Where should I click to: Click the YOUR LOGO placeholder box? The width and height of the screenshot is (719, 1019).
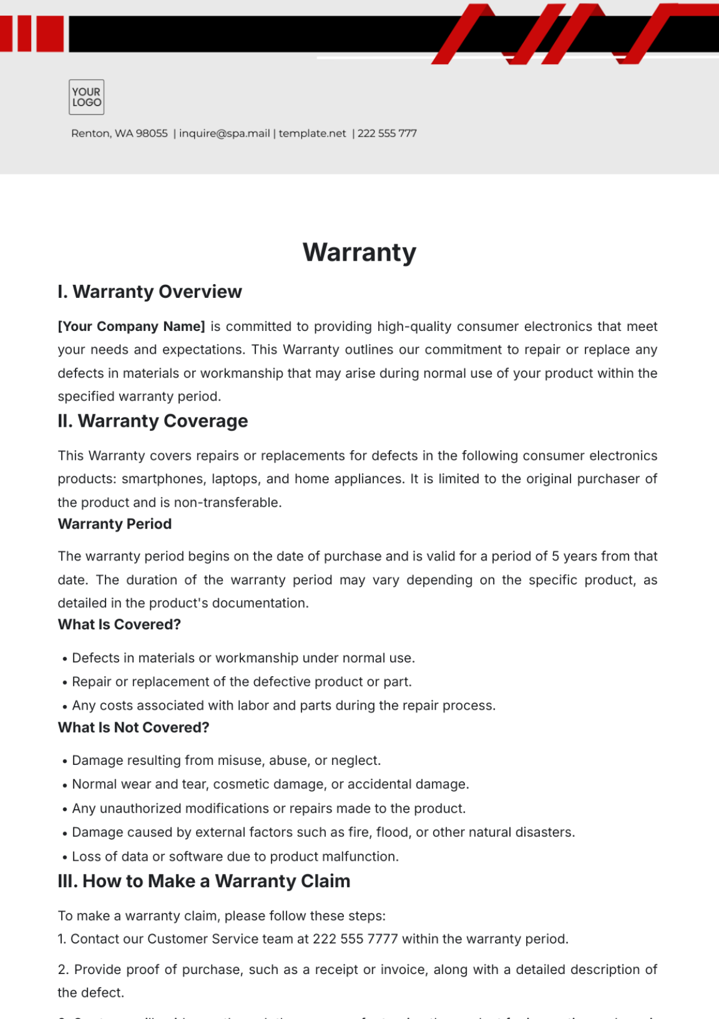point(86,97)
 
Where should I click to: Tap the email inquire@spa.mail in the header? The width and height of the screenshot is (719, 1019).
point(224,133)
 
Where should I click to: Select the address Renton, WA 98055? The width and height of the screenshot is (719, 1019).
point(119,133)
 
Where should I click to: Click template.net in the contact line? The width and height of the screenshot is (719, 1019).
point(312,133)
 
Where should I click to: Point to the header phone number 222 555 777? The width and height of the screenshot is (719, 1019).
point(387,133)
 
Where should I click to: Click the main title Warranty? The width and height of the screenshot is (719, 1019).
point(359,252)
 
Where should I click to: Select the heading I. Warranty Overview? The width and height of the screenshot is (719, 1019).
point(150,292)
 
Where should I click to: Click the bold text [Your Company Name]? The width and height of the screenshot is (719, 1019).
point(131,327)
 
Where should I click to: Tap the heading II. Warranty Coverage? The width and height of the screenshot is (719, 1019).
point(153,421)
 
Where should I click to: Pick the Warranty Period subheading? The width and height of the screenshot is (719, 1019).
point(114,524)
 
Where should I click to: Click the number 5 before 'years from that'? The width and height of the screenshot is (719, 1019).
point(555,556)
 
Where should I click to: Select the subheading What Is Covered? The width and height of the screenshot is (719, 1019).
point(119,625)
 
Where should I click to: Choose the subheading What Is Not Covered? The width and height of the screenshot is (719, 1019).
point(134,728)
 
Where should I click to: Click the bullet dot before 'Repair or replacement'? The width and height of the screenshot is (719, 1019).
point(65,683)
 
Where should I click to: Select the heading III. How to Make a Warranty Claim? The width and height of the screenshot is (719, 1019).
point(204,881)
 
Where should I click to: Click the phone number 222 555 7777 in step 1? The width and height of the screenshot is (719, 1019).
point(355,939)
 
